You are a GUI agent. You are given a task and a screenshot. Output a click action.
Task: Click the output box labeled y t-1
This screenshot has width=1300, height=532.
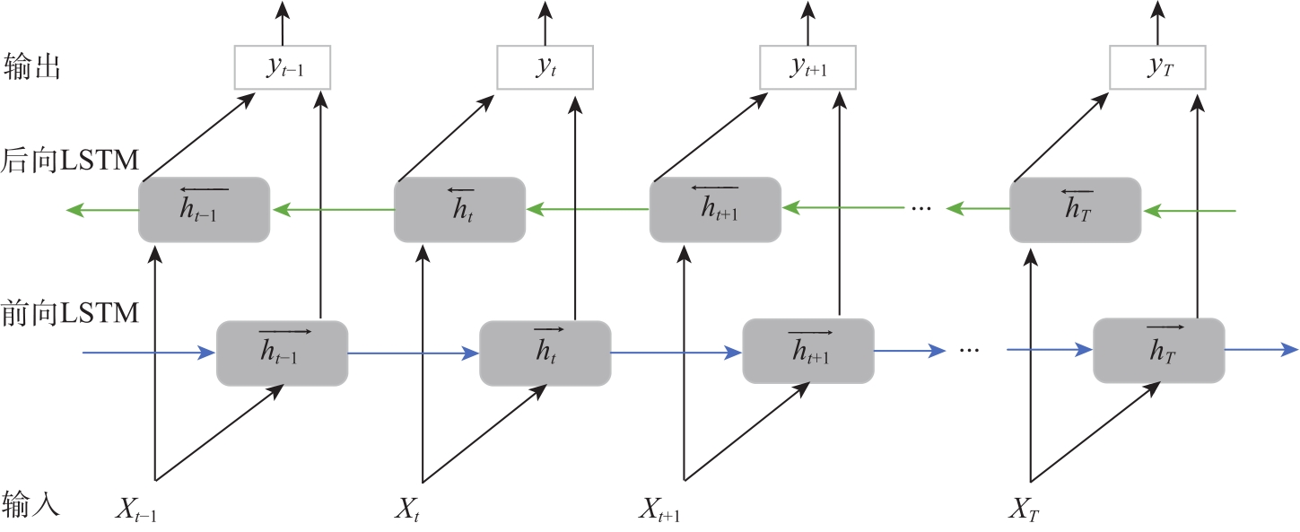point(283,67)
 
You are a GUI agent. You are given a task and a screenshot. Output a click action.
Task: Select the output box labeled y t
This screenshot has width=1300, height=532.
point(545,67)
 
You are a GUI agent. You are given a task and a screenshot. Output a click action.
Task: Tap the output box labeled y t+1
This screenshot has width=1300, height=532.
point(808,67)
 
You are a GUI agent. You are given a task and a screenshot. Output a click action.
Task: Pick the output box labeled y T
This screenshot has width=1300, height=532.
point(1158,67)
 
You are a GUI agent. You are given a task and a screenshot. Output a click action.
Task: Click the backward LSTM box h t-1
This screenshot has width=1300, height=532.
point(204,210)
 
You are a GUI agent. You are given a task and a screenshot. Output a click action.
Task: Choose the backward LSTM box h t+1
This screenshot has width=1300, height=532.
point(715,210)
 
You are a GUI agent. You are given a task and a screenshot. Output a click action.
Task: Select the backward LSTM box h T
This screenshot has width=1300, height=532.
point(1075,210)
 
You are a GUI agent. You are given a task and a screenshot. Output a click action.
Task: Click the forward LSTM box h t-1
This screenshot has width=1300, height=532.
point(282,353)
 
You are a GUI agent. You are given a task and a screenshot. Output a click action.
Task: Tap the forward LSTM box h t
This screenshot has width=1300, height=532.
point(545,353)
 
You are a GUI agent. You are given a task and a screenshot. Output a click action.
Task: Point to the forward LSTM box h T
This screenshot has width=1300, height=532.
point(1158,350)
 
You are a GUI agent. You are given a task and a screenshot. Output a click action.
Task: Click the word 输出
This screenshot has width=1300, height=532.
point(31,67)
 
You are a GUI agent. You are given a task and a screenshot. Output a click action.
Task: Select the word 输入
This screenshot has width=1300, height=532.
point(31,504)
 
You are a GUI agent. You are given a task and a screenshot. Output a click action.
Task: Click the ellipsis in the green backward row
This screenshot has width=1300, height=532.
point(921,210)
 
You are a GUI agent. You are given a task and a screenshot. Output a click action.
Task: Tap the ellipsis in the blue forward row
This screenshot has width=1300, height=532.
point(970,351)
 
